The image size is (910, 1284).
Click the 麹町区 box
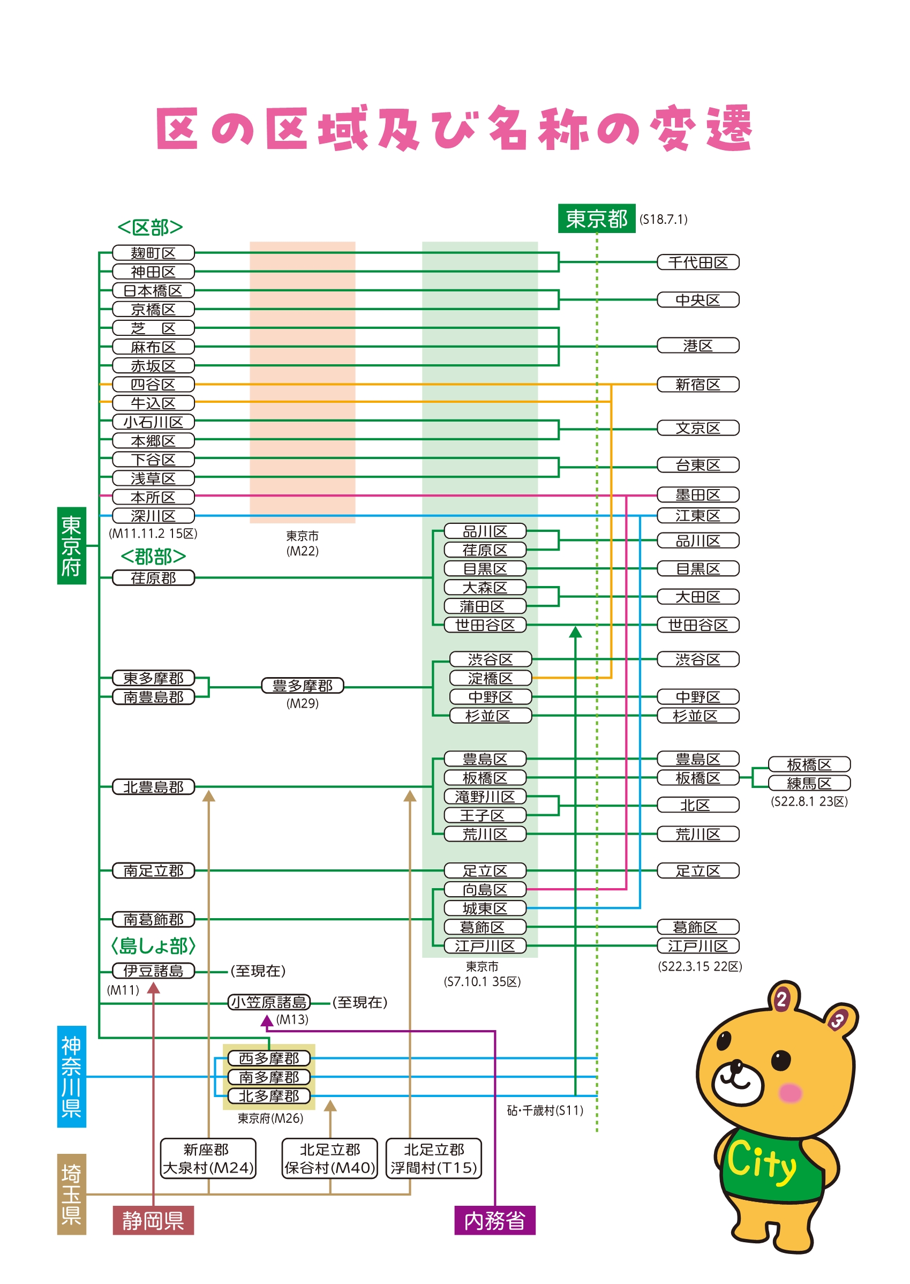[153, 253]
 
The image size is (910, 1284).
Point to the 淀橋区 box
[490, 678]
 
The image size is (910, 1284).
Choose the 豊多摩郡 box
[303, 686]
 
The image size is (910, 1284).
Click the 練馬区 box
[809, 783]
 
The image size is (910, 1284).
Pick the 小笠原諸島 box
[269, 1002]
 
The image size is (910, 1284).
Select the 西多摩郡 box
[269, 1058]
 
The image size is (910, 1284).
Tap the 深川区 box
[153, 516]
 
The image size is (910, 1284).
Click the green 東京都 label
[597, 219]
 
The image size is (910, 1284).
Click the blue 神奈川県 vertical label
[72, 1077]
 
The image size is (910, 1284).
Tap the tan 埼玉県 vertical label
[72, 1195]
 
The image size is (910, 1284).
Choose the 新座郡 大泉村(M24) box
[208, 1159]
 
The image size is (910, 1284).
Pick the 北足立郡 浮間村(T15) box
[434, 1159]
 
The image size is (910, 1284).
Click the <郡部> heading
[153, 557]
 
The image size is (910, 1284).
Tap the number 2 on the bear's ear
[781, 998]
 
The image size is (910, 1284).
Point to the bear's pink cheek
[790, 1092]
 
